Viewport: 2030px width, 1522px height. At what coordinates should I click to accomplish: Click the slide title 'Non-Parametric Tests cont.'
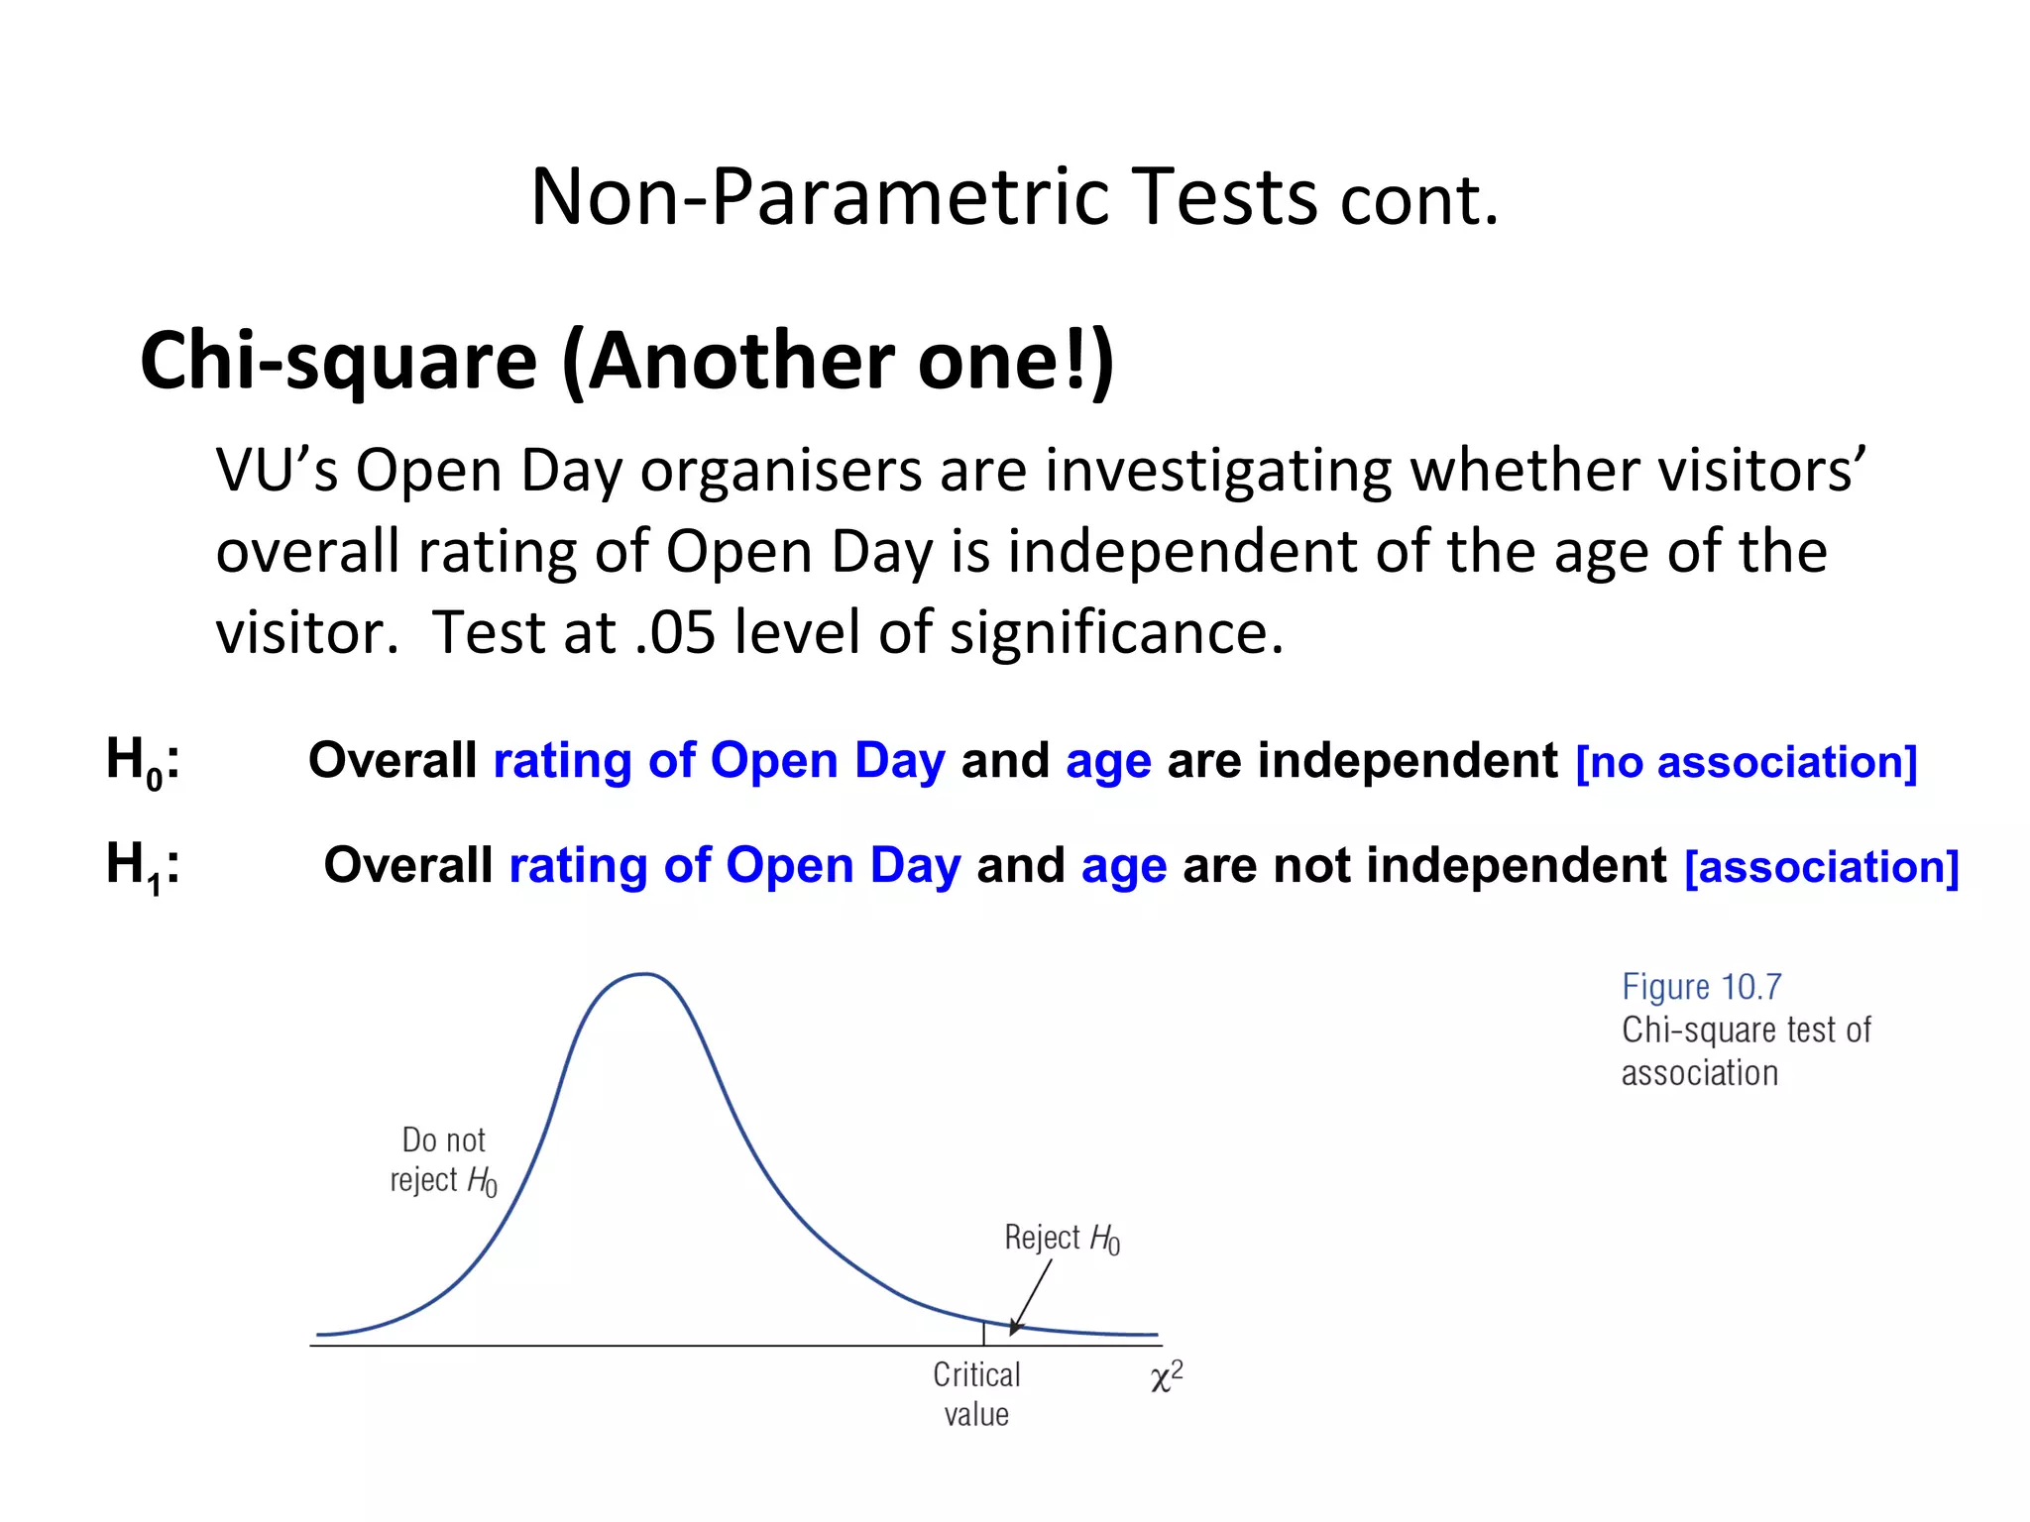1014,197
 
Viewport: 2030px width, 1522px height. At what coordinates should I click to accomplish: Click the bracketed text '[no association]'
1746,763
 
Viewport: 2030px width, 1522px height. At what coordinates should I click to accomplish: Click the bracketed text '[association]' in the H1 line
1821,867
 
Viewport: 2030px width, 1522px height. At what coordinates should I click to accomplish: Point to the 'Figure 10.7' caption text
1701,987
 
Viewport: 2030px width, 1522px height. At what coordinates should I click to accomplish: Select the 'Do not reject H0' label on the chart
443,1160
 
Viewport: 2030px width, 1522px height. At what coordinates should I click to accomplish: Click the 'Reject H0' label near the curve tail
1062,1238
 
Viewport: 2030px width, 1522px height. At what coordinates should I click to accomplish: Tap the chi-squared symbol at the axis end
1166,1377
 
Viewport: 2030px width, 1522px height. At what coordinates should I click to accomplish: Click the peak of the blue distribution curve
644,975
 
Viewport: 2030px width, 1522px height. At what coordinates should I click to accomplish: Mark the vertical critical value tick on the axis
983,1333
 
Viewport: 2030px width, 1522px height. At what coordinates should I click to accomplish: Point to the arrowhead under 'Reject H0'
1014,1328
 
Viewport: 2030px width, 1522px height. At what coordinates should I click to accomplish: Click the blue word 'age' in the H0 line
1108,761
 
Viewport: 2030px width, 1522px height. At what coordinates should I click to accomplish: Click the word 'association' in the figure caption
1699,1073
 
